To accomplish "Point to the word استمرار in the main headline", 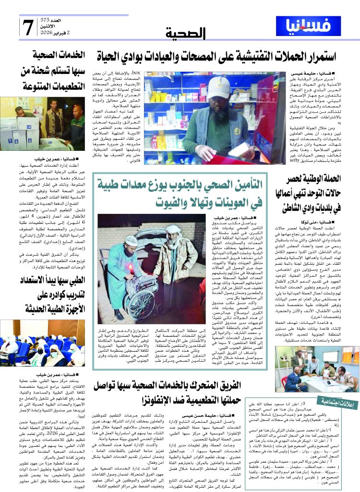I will click(315, 56).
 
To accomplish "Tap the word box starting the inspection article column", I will click(136, 72).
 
